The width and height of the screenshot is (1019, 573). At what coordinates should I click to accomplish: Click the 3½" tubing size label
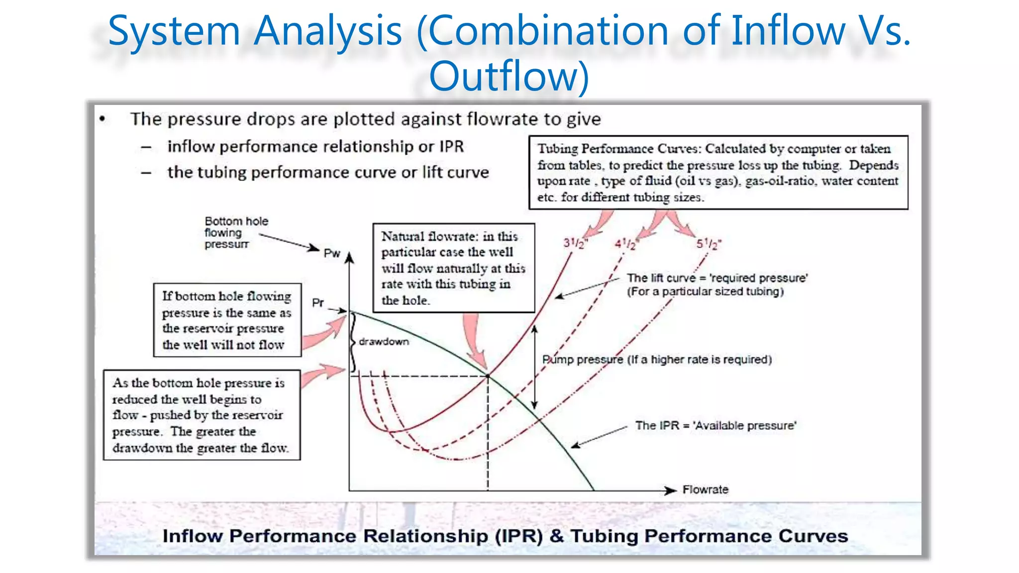click(x=575, y=243)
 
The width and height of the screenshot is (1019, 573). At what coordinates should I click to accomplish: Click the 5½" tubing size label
click(x=708, y=244)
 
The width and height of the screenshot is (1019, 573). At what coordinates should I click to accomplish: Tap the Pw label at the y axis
click(x=332, y=253)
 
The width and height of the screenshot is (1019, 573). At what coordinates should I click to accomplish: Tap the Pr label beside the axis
click(x=318, y=302)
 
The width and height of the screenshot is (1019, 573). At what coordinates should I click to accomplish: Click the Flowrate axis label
click(x=705, y=489)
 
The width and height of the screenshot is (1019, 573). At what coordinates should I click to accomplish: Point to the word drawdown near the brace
click(x=384, y=342)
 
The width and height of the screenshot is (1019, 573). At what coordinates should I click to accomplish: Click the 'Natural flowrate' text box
click(x=453, y=268)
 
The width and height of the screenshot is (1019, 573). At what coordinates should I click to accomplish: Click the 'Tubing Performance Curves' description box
click(x=718, y=173)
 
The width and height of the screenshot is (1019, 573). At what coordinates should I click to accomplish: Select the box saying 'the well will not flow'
click(x=227, y=320)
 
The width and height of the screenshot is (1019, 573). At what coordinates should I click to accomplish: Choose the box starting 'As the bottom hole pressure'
click(x=202, y=415)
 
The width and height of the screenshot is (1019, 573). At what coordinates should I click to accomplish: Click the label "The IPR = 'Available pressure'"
click(x=715, y=425)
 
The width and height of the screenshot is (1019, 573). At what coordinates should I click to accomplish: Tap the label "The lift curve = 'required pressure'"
click(x=716, y=285)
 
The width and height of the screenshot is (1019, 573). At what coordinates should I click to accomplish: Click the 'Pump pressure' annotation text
click(x=657, y=359)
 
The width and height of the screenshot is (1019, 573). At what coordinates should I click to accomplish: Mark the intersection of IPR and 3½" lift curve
click(x=488, y=376)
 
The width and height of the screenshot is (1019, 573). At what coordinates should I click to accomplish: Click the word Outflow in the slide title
click(x=509, y=76)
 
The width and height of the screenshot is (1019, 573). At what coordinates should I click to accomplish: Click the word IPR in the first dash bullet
click(x=451, y=147)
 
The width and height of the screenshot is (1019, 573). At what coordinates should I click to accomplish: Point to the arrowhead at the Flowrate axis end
click(x=672, y=490)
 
